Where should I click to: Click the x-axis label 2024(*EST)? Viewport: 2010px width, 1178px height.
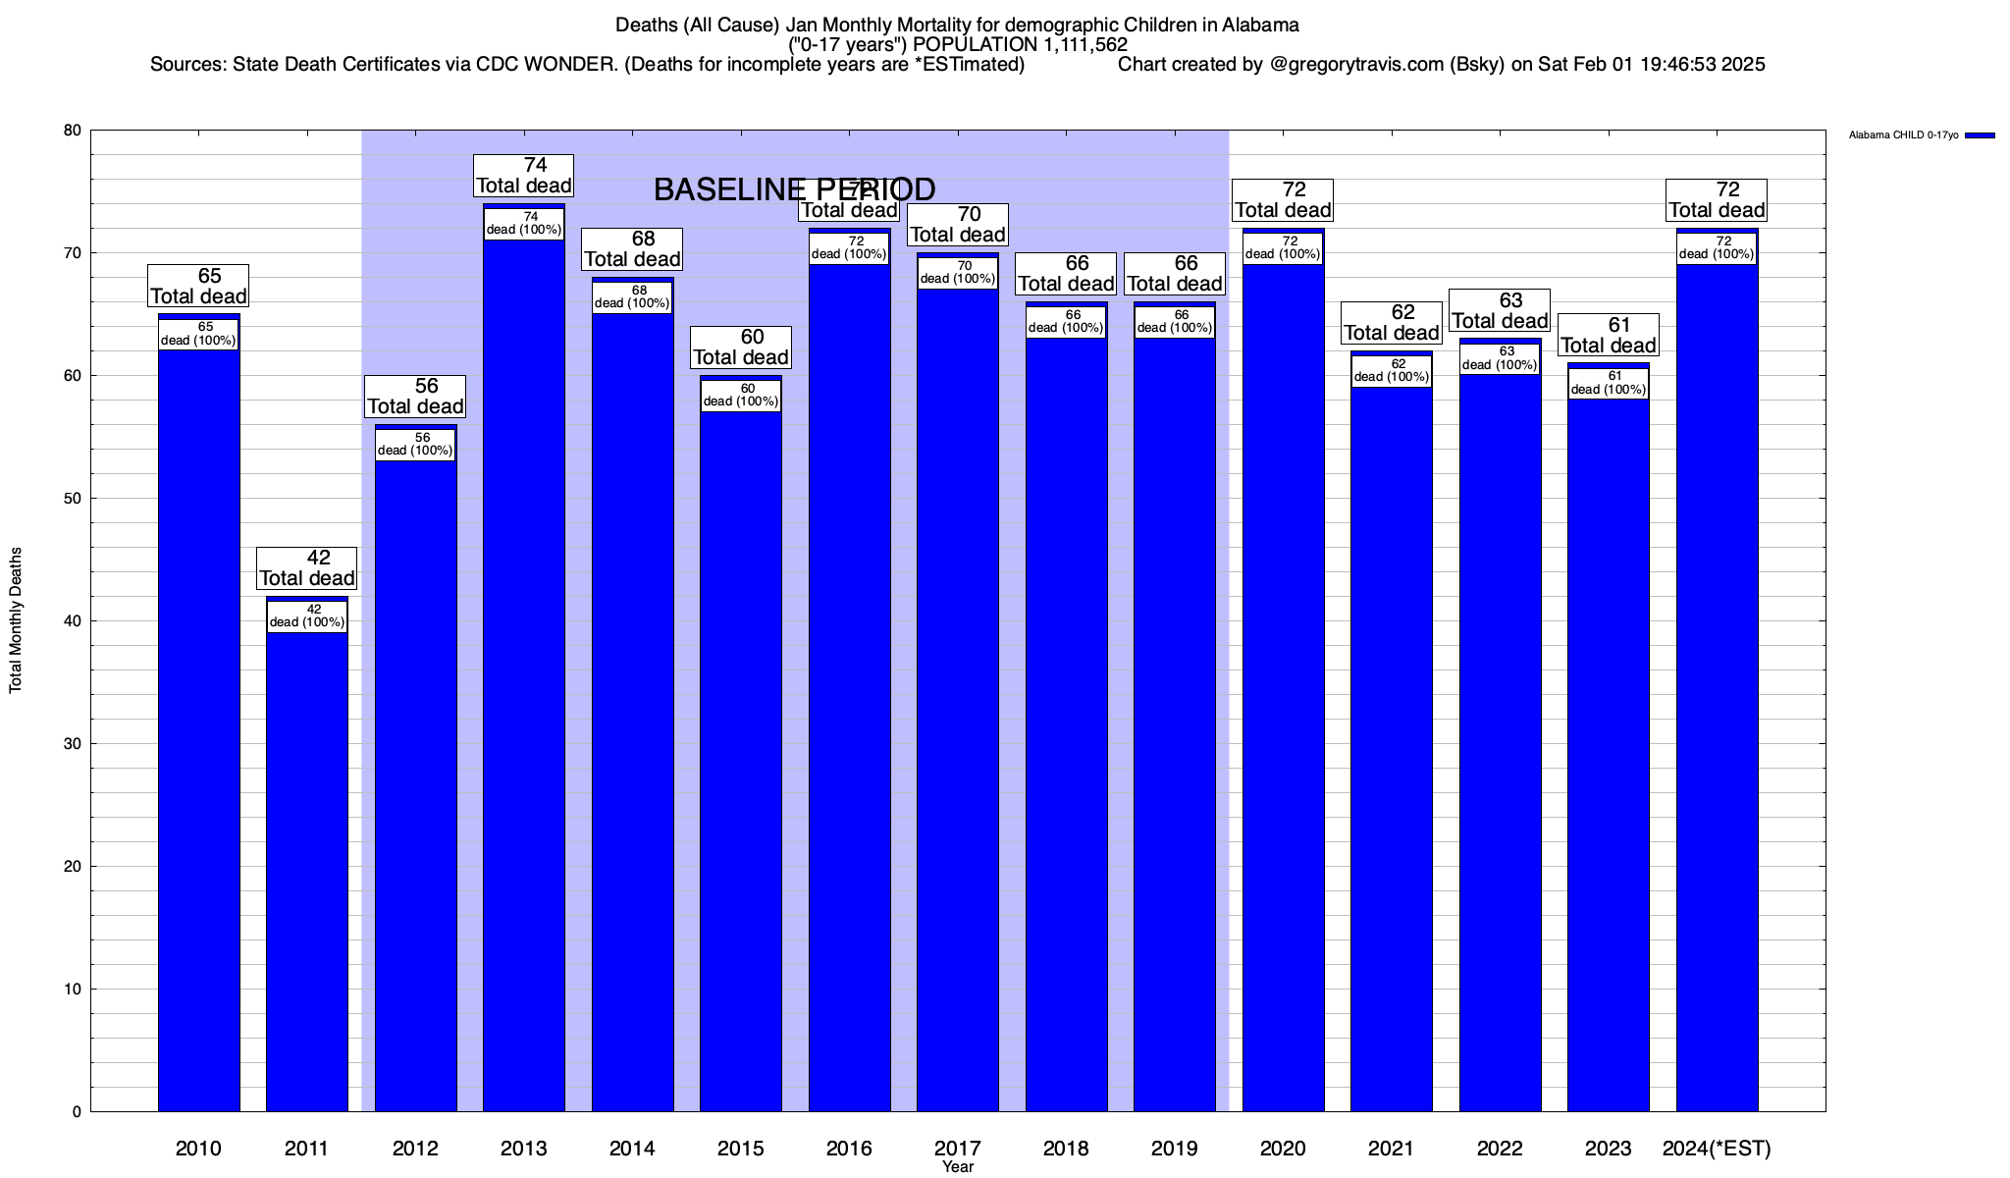tap(1717, 1149)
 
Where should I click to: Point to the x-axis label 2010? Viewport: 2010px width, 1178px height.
tap(198, 1149)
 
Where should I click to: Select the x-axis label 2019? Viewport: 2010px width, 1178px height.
tap(1174, 1149)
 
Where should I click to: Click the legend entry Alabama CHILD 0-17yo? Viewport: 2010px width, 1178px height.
tap(1903, 135)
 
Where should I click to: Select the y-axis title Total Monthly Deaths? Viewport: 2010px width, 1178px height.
tap(16, 620)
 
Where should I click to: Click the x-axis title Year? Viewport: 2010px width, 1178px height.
tap(958, 1167)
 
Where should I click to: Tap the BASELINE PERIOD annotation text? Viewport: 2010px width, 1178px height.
tap(794, 189)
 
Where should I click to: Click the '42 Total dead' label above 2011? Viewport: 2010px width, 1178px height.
tap(307, 568)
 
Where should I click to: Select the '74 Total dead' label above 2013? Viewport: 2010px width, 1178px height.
tap(524, 176)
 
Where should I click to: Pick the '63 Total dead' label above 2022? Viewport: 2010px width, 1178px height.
tap(1500, 310)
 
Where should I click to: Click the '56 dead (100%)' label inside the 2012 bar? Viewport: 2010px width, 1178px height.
tap(415, 445)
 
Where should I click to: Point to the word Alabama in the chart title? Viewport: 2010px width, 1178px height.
tap(1260, 25)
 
